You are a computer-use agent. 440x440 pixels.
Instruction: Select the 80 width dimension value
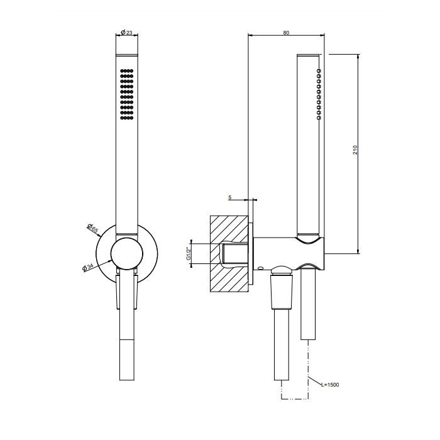(287, 33)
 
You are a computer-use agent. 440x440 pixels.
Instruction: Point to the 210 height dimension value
(355, 151)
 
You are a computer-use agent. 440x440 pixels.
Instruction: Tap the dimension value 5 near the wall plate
(230, 197)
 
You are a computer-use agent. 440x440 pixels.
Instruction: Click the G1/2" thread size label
(188, 253)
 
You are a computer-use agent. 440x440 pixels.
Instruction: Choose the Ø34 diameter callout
(88, 266)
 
